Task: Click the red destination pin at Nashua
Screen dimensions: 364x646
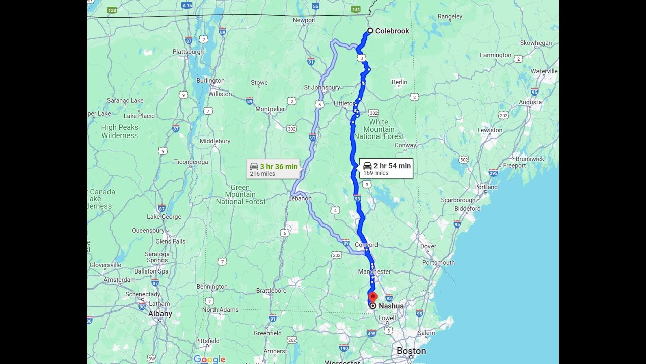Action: tap(373, 297)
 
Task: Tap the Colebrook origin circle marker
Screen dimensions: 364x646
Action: tap(370, 31)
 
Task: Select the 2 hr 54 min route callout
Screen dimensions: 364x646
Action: tap(387, 169)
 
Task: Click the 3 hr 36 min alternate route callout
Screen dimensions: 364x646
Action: tap(274, 169)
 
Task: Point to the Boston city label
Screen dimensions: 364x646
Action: tap(411, 351)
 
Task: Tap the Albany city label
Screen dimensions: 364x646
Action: tap(160, 314)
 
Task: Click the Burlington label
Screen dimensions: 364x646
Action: tap(210, 81)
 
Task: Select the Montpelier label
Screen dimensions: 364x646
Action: tap(271, 109)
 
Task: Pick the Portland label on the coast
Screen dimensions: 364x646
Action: tap(486, 187)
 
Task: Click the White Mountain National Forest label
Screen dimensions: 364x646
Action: tap(379, 129)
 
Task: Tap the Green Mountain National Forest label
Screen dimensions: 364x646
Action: tap(240, 194)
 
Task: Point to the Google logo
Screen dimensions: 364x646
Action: tap(209, 359)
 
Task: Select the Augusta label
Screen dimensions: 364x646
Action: tap(530, 102)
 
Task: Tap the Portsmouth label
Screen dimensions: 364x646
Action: tap(439, 263)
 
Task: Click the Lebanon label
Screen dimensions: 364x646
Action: tap(300, 199)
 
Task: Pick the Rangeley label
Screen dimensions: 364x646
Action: tap(450, 17)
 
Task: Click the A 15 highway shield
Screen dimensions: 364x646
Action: tap(187, 5)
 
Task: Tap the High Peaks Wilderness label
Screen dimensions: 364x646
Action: tap(120, 131)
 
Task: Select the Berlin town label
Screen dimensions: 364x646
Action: tap(399, 82)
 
